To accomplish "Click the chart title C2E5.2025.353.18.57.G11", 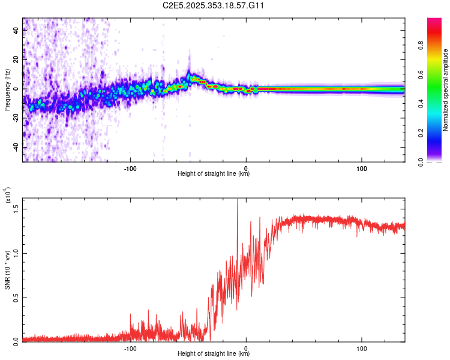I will pos(214,5).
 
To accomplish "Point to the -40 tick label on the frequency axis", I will pos(15,147).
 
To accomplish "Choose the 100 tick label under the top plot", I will pos(362,168).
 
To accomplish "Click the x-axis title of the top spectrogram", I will pos(214,174).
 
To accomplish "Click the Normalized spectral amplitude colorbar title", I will pos(445,90).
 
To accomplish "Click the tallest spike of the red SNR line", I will pos(237,200).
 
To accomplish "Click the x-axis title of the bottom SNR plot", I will pos(214,354).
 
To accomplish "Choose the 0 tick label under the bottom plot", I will pos(247,348).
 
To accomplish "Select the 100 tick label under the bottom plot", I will pos(362,348).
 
